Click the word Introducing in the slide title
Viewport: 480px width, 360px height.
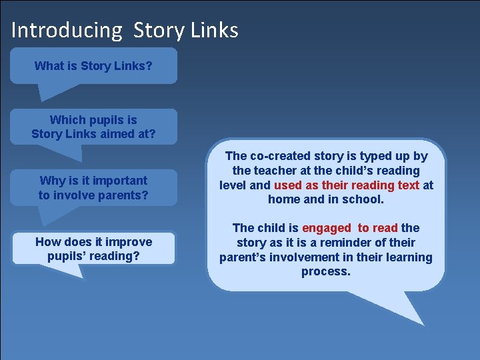tap(67, 31)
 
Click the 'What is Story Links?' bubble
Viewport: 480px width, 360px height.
tap(93, 66)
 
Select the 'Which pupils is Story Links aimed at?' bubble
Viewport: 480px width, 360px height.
tap(93, 127)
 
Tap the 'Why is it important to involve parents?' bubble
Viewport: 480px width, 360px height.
tap(93, 187)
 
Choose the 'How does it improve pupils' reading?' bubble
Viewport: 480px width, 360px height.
tap(93, 249)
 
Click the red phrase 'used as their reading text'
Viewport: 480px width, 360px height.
tap(347, 185)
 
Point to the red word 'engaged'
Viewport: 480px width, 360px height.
tap(326, 228)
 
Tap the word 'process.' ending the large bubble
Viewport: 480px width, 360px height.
tap(325, 271)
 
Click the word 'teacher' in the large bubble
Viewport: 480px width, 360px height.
tap(272, 171)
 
